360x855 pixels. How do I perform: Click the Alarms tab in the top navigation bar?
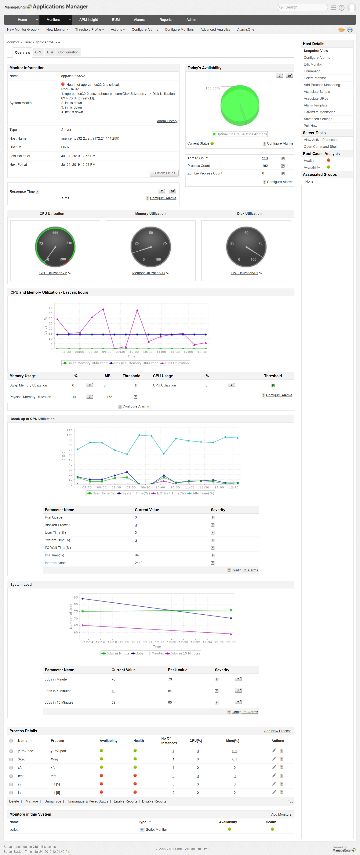[x=139, y=20]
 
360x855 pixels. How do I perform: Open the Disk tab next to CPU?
[x=50, y=52]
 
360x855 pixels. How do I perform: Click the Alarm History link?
[x=167, y=121]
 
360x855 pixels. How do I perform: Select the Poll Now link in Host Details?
[x=310, y=126]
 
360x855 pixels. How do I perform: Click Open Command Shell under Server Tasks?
[x=320, y=147]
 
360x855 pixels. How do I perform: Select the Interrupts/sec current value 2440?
[x=139, y=563]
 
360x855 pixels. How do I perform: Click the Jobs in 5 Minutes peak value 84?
[x=170, y=691]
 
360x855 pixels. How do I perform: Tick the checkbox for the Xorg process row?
[x=11, y=759]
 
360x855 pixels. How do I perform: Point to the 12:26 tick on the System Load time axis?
[x=160, y=642]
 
